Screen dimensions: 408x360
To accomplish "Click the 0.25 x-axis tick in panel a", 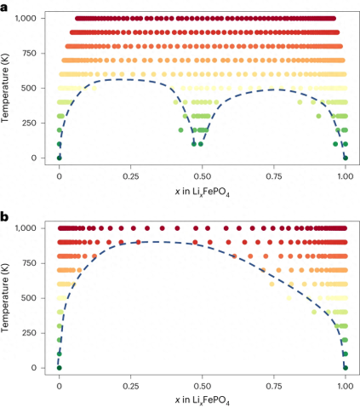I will pos(130,175).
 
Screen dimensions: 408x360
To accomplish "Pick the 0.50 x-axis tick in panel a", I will pos(202,175).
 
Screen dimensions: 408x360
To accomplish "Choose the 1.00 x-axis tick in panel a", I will pos(345,175).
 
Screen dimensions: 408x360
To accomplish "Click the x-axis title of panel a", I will pos(202,191).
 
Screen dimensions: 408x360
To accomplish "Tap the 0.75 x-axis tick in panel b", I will pos(273,385).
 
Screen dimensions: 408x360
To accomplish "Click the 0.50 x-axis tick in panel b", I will pos(202,385).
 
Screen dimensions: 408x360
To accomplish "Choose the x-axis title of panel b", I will pos(202,400).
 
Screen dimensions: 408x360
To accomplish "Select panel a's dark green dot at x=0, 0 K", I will pos(59,158).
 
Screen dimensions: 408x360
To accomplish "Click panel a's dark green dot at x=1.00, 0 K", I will pos(345,158).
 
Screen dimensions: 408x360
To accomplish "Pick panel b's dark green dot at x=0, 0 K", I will pos(59,367).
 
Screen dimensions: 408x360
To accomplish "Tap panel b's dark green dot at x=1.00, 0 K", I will pos(345,367).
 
